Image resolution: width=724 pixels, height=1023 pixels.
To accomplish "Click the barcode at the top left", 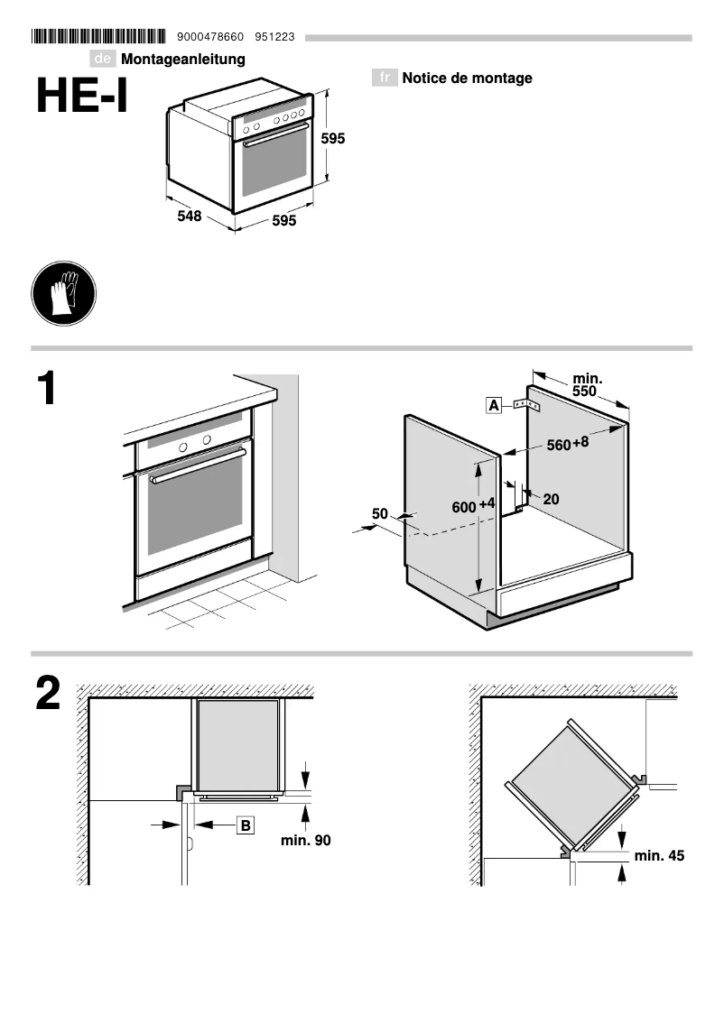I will pos(98,37).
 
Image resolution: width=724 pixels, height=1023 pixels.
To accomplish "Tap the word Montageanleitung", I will pos(183,60).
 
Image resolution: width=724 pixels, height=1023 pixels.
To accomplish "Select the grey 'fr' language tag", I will pos(385,78).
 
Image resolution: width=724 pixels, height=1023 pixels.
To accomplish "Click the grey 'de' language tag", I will pos(103,60).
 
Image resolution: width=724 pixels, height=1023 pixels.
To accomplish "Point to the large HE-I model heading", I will pos(82,97).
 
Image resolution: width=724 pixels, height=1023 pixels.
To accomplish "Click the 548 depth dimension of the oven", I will pos(189,217).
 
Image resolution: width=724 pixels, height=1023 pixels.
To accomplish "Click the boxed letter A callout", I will pos(494,406).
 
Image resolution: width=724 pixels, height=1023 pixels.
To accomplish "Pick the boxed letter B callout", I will pos(246,824).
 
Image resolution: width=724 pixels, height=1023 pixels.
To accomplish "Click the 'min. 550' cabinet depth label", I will pos(586,385).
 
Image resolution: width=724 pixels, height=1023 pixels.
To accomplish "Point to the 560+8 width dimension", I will pos(568,443).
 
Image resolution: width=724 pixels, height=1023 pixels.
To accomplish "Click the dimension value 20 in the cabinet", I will pos(552,499).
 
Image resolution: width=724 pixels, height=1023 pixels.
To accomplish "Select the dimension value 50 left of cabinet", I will pos(380,513).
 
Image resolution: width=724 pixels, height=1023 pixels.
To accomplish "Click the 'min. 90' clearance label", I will pos(305,840).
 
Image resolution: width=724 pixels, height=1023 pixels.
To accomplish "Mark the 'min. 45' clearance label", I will pos(659,855).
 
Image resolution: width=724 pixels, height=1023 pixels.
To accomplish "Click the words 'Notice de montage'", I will pos(467,78).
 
